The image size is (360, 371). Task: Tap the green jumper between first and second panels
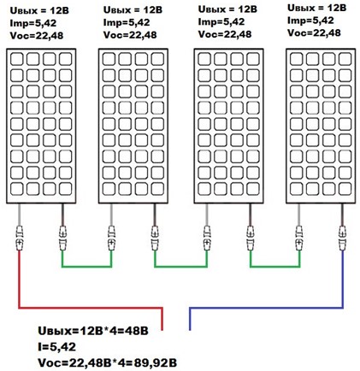86,267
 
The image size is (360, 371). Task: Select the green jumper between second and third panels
180,267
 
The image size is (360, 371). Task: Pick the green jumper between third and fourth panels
275,267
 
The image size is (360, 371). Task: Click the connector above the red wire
19,238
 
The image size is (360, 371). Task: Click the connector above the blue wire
342,238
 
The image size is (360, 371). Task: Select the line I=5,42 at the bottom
56,347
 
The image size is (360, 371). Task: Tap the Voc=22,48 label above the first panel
37,36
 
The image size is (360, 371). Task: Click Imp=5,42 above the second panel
127,22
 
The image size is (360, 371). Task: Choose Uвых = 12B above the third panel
227,9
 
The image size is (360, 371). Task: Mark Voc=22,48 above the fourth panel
314,32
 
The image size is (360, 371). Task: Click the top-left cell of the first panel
17,59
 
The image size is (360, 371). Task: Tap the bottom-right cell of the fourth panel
345,188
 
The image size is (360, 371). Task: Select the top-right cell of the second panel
157,59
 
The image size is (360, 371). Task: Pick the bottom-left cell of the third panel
204,188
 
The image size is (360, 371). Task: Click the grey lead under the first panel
19,215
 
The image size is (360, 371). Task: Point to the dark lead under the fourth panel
342,215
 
